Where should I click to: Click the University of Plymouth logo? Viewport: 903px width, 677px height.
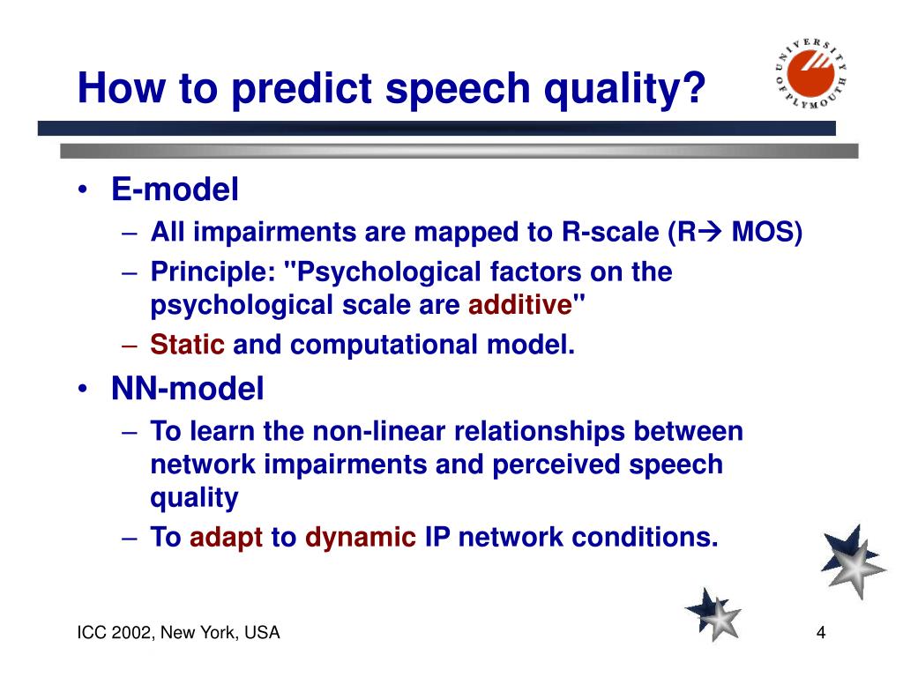(811, 74)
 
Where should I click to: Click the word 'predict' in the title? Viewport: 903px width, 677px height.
(302, 89)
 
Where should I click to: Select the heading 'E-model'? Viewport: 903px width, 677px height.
(175, 189)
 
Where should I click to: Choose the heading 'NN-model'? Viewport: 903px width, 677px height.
(187, 388)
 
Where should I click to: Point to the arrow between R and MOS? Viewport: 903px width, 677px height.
(710, 233)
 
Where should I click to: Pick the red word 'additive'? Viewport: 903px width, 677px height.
(520, 305)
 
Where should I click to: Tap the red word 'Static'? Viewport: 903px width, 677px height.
(187, 345)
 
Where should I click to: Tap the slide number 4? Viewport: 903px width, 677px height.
(821, 633)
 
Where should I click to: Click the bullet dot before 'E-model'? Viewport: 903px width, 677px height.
(83, 190)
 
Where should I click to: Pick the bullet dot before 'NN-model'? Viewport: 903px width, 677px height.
(83, 389)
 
